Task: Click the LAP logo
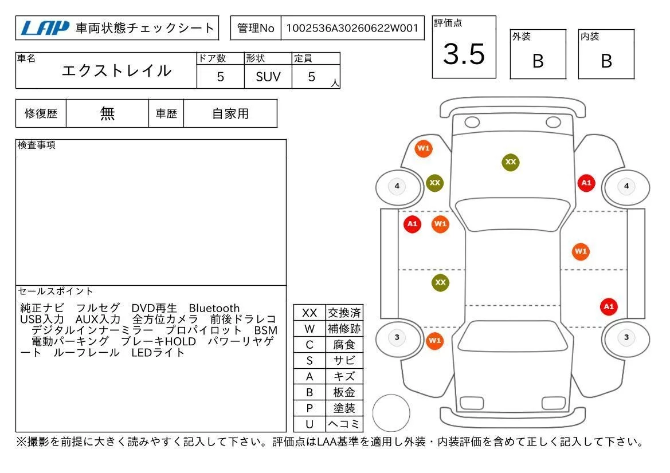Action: coord(45,28)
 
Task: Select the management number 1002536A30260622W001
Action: coord(352,28)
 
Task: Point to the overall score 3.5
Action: coord(464,54)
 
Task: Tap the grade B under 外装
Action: coord(538,61)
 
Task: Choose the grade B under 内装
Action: coord(606,61)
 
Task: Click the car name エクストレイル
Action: coord(117,71)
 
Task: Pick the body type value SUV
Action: coord(268,77)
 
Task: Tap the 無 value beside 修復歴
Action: coord(107,113)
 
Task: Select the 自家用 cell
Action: coord(230,113)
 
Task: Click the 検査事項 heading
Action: coord(36,145)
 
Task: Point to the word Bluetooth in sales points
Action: coord(214,308)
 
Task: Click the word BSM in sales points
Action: coord(265,330)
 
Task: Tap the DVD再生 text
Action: coord(154,308)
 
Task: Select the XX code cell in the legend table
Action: coord(309,313)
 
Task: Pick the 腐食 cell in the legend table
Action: coord(344,345)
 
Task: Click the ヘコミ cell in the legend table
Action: coord(344,424)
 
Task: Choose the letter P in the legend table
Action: coord(309,408)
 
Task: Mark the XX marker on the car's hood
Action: coord(511,162)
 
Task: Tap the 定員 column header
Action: coord(303,58)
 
